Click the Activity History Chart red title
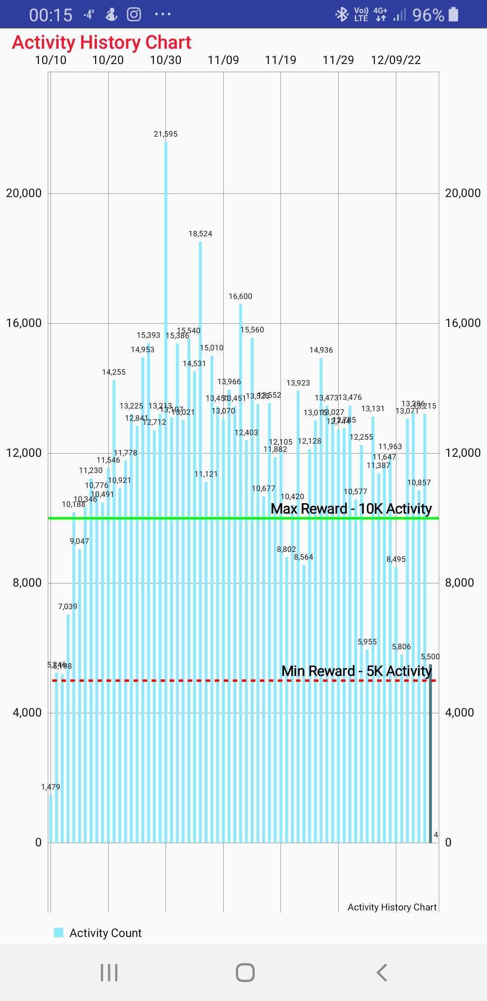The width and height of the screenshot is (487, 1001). click(101, 42)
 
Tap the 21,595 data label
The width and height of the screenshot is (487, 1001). click(165, 134)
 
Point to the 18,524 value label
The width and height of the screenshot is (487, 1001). click(200, 234)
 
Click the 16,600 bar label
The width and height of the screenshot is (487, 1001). click(240, 296)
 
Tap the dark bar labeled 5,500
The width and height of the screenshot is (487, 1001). click(430, 753)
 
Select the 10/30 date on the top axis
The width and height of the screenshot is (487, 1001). click(165, 60)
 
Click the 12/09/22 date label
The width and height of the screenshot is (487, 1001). click(395, 60)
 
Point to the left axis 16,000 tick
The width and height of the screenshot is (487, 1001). click(23, 323)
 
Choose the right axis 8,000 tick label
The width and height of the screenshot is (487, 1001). click(459, 583)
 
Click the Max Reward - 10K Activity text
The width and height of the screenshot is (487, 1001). click(351, 509)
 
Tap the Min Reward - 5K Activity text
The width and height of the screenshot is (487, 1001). click(356, 671)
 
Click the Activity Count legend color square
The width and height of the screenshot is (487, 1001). click(59, 932)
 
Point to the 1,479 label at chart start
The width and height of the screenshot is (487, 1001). click(51, 787)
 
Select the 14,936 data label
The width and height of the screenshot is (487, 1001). click(321, 350)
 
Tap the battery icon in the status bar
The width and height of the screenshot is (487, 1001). click(454, 14)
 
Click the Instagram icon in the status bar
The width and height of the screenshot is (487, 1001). click(133, 14)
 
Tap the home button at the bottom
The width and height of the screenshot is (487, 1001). click(245, 973)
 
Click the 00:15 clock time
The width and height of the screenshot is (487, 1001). click(51, 15)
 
